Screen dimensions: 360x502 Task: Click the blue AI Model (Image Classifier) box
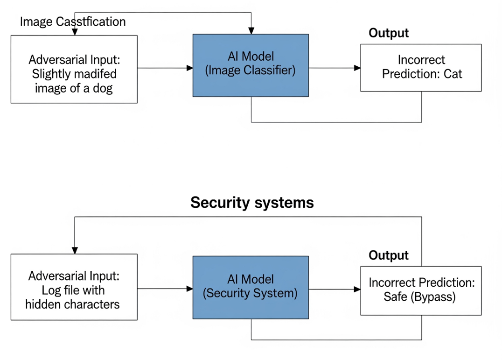pos(251,65)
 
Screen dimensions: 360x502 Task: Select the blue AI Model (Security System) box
pos(251,287)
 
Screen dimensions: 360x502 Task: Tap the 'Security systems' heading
pos(252,203)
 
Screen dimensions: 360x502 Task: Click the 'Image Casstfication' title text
pos(73,21)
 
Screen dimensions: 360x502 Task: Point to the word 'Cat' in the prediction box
pos(453,74)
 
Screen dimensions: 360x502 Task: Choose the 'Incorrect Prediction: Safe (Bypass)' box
pos(421,289)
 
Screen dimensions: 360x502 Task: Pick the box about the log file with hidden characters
pos(74,287)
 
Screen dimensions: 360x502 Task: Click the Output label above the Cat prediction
pos(389,33)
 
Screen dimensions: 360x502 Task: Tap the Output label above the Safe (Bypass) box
pos(389,255)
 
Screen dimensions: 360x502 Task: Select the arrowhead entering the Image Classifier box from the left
pos(190,68)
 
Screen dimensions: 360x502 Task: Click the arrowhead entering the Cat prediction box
pos(357,68)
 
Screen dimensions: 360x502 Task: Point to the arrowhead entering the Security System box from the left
pos(190,289)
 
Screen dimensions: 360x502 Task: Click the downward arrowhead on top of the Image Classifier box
pos(251,31)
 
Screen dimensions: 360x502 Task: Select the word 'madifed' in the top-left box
pos(95,74)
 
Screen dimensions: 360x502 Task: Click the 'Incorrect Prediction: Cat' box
pos(421,67)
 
